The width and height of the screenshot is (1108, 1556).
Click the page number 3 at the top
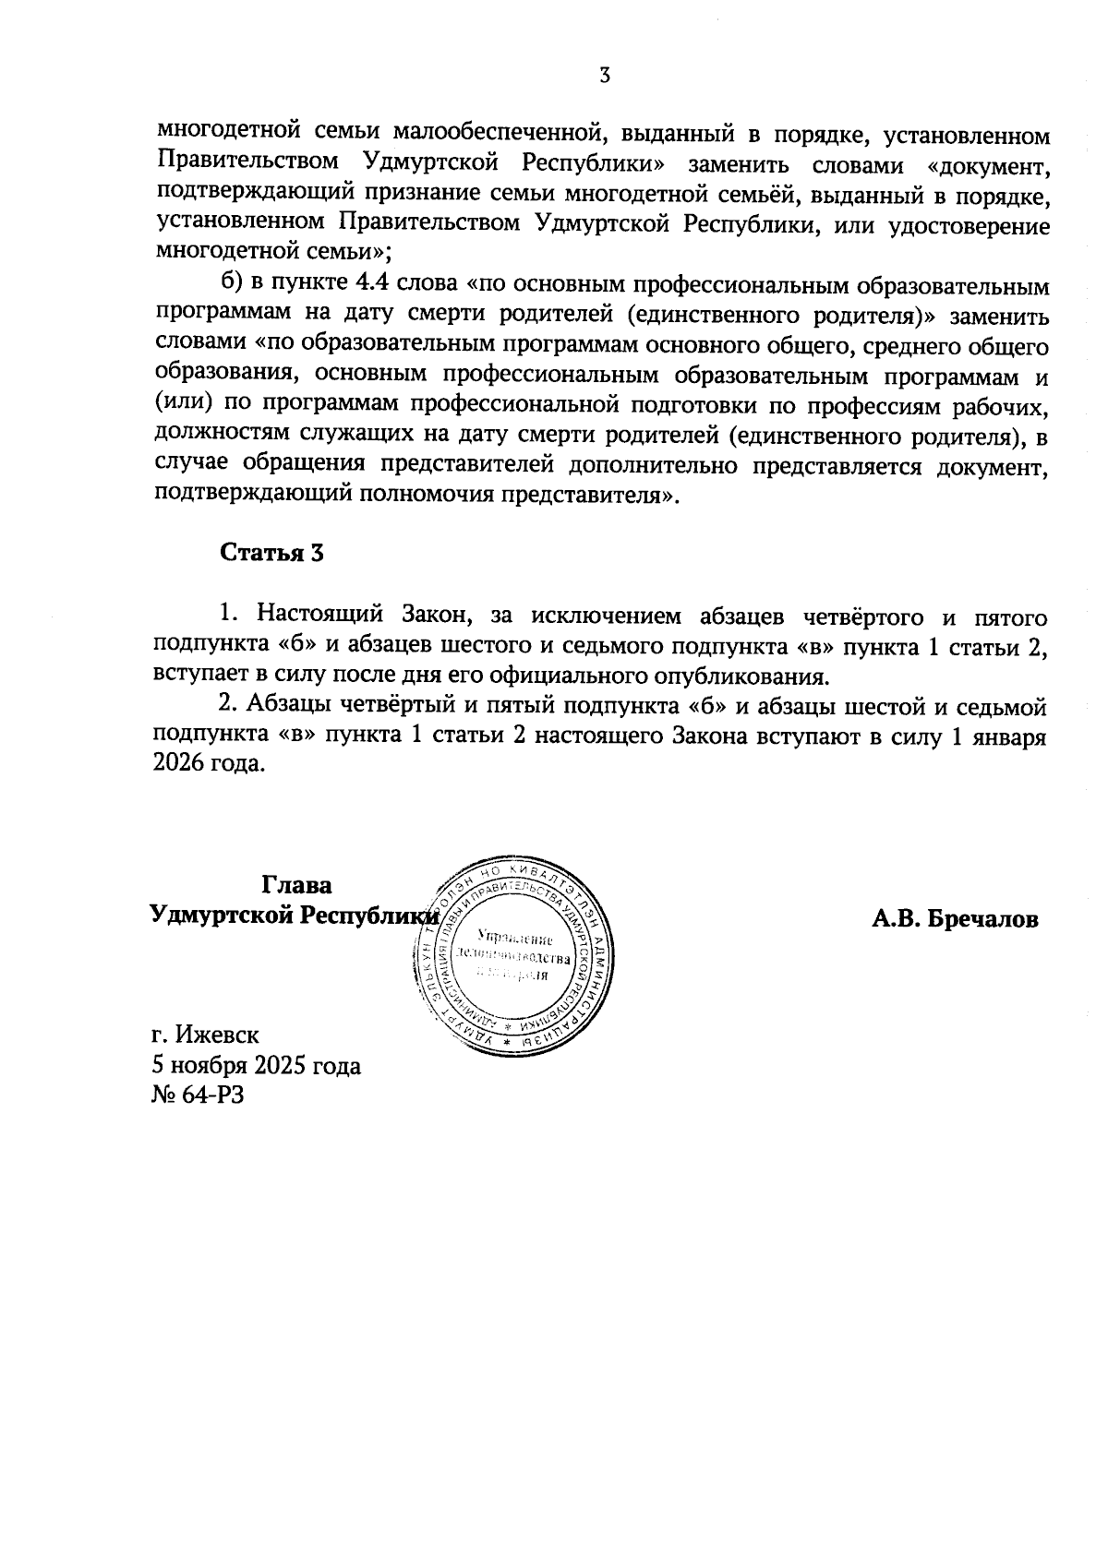[604, 76]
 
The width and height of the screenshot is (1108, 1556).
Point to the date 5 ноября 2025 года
[257, 1066]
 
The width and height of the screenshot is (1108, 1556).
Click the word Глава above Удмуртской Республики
[296, 885]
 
